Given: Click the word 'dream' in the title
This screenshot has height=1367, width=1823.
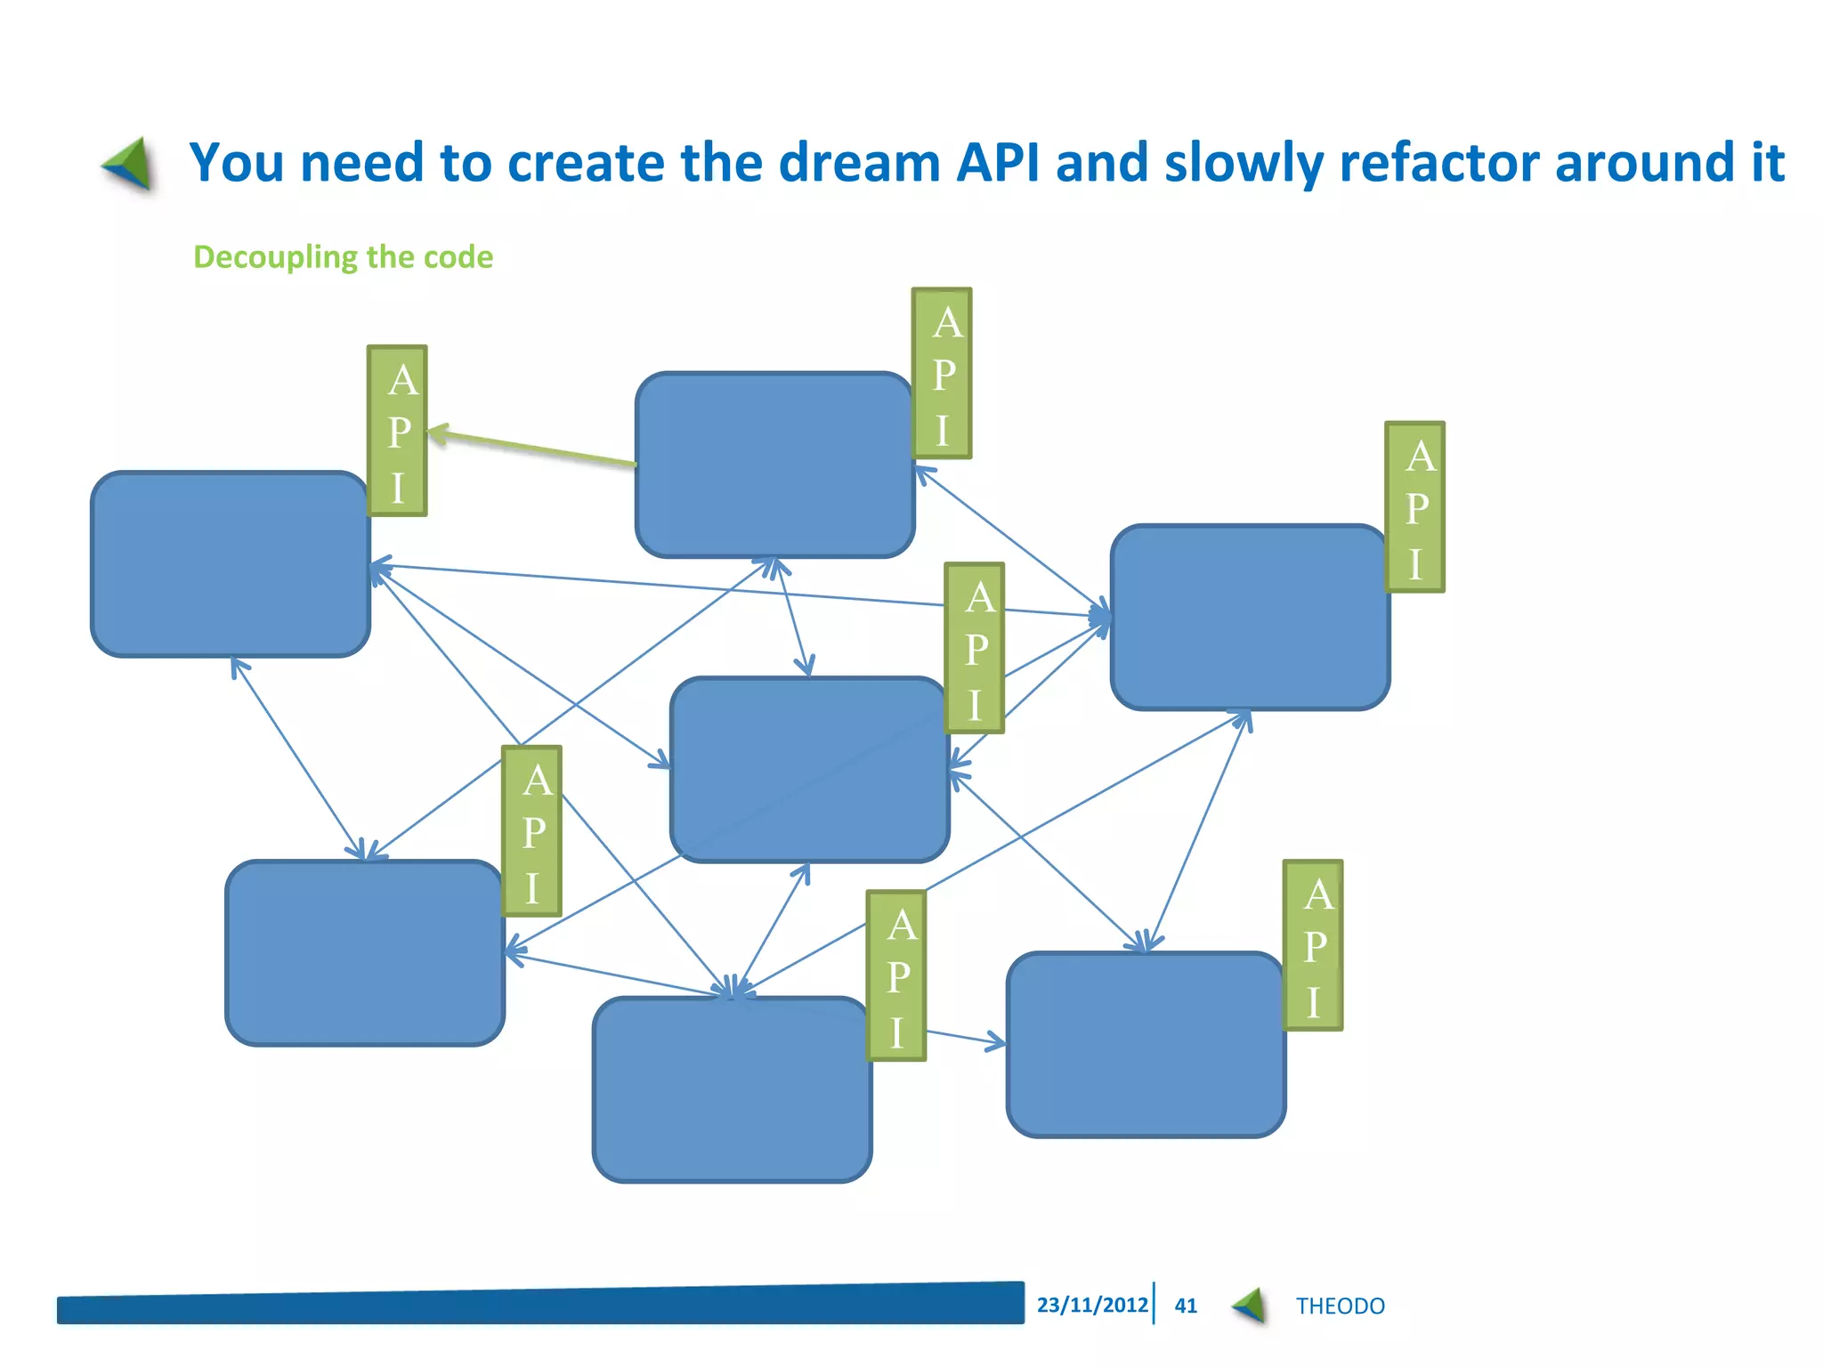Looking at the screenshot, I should pos(859,163).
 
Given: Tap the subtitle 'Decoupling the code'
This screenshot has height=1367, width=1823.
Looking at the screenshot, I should pos(343,257).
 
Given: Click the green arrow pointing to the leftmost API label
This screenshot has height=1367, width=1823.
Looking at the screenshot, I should pos(531,449).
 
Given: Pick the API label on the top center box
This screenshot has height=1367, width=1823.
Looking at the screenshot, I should pos(942,374).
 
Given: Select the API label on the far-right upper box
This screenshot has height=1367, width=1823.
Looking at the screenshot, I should pos(1414,507).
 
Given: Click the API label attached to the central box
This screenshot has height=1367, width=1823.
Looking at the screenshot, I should pos(975,648).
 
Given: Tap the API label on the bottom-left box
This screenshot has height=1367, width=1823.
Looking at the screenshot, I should pos(531,831).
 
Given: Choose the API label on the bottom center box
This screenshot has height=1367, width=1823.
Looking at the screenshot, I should pos(896,976).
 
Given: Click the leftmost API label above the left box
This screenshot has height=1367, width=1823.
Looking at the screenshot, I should pos(397,432).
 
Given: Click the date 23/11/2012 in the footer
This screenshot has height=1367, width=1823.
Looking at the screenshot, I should pos(1092,1305).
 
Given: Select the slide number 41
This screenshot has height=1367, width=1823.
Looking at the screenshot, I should pos(1186,1306).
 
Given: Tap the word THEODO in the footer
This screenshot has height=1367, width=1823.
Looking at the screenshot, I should pos(1340,1306).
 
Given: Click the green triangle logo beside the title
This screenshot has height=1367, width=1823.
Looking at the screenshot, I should pos(130,164).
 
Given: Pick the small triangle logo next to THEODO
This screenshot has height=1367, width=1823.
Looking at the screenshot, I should pos(1250,1306).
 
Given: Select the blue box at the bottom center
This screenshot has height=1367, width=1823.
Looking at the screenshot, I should pos(732,1089).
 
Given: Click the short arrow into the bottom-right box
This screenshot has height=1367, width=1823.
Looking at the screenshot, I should pos(966,1038).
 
